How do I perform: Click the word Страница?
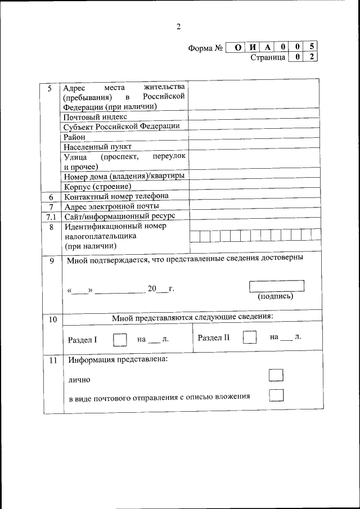pyautogui.click(x=268, y=57)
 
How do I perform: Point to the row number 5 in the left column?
pyautogui.click(x=49, y=89)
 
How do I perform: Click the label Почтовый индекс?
pyautogui.click(x=95, y=117)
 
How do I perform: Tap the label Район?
pyautogui.click(x=74, y=137)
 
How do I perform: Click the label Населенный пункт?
pyautogui.click(x=93, y=146)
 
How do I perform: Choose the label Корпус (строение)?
pyautogui.click(x=97, y=186)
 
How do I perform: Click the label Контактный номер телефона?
pyautogui.click(x=116, y=196)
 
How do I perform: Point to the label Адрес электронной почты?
pyautogui.click(x=111, y=206)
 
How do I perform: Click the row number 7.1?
pyautogui.click(x=51, y=217)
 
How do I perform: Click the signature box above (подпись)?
pyautogui.click(x=276, y=286)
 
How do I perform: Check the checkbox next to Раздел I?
pyautogui.click(x=120, y=339)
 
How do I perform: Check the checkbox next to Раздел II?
pyautogui.click(x=249, y=337)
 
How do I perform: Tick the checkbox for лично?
pyautogui.click(x=276, y=376)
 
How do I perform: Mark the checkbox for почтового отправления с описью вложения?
pyautogui.click(x=276, y=396)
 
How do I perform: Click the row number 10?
pyautogui.click(x=52, y=319)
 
